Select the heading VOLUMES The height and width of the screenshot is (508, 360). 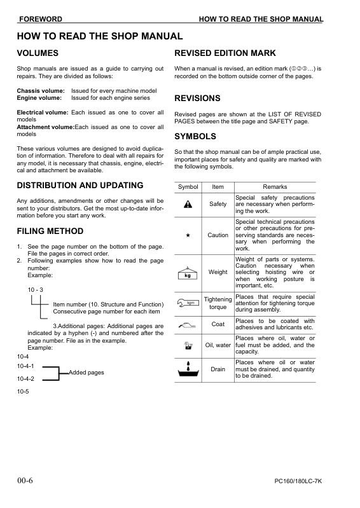point(38,53)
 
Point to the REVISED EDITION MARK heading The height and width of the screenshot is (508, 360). point(233,53)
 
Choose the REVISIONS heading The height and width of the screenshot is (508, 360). point(197,99)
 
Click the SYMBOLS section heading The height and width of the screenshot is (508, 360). point(195,137)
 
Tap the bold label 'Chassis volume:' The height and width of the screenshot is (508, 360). point(41,91)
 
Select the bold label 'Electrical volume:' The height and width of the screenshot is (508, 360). point(43,113)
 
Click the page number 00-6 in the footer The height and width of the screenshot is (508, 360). point(25,480)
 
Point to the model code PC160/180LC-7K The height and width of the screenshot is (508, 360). point(298,481)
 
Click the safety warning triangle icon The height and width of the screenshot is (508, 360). point(188,204)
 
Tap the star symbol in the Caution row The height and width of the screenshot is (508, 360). point(188,235)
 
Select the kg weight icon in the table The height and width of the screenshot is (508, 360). point(188,273)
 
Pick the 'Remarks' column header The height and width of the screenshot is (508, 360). point(275,187)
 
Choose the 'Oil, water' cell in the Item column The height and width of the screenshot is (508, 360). point(218,345)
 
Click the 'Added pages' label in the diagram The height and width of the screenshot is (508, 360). point(87,373)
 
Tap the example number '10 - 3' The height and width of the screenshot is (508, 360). point(35,290)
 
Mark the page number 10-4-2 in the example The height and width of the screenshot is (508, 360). point(25,378)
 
